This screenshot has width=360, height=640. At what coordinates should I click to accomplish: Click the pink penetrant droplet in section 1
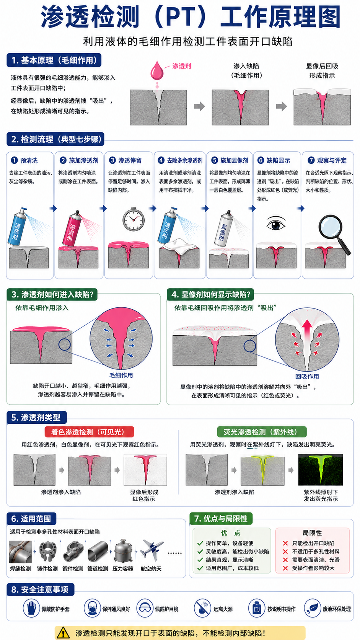pyautogui.click(x=157, y=71)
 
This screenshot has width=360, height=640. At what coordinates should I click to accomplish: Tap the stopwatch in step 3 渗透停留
pyautogui.click(x=133, y=219)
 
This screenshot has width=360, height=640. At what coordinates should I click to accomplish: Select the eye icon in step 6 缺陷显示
pyautogui.click(x=276, y=224)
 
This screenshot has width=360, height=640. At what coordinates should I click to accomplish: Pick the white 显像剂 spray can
pyautogui.click(x=225, y=229)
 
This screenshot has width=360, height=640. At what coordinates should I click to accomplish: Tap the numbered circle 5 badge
pyautogui.click(x=214, y=160)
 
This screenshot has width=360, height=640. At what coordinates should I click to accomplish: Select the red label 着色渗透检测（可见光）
pyautogui.click(x=89, y=432)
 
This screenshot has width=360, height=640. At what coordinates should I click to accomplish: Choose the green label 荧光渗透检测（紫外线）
pyautogui.click(x=262, y=432)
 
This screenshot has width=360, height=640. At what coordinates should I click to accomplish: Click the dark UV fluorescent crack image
pyautogui.click(x=320, y=470)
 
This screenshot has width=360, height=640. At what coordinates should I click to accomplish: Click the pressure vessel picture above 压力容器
pyautogui.click(x=123, y=551)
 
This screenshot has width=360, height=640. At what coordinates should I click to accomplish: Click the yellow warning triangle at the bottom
pyautogui.click(x=63, y=633)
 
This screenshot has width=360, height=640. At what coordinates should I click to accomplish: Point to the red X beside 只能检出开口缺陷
pyautogui.click(x=285, y=543)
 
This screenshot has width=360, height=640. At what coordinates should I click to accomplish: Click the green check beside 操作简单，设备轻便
pyautogui.click(x=200, y=543)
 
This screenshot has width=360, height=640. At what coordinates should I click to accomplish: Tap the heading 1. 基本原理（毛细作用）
pyautogui.click(x=54, y=60)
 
